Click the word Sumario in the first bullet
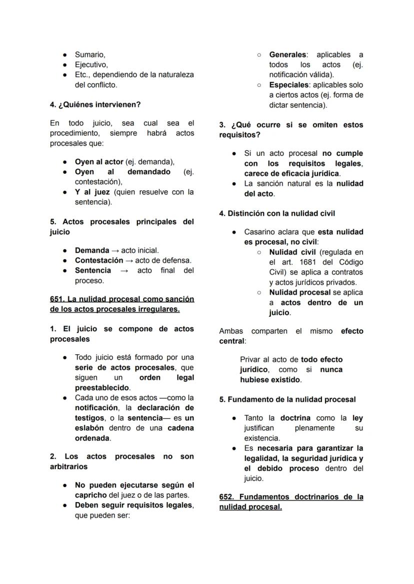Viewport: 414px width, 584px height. pyautogui.click(x=89, y=54)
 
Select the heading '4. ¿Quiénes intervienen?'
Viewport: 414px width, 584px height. pyautogui.click(x=95, y=104)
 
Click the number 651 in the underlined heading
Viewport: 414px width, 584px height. pyautogui.click(x=56, y=299)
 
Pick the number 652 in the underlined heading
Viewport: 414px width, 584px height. pyautogui.click(x=226, y=497)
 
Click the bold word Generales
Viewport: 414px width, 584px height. pyautogui.click(x=287, y=54)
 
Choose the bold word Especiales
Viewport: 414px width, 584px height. pyautogui.click(x=288, y=85)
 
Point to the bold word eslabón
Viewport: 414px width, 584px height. pyautogui.click(x=89, y=428)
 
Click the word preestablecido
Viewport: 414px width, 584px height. pyautogui.click(x=102, y=388)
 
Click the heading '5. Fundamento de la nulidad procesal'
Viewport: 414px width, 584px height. pyautogui.click(x=287, y=400)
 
